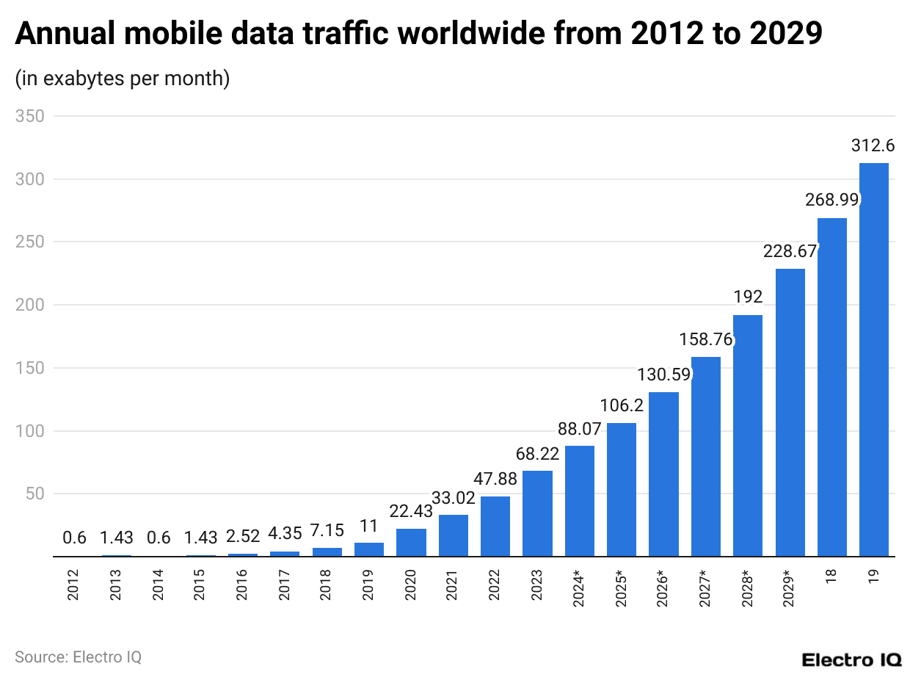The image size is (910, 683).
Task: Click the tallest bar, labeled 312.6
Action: [873, 360]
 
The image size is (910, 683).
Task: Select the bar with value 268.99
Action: [831, 387]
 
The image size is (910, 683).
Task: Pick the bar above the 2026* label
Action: [663, 474]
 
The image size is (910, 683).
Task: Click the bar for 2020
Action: [411, 543]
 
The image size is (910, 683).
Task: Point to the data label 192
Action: [748, 297]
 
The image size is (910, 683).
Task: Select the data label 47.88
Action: [495, 479]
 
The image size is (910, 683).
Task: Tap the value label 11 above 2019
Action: [368, 526]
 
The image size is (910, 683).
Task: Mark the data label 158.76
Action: [705, 340]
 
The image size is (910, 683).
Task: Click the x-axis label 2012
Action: [73, 585]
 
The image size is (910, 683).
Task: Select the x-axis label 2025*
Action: [622, 588]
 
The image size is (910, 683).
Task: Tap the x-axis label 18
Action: [831, 576]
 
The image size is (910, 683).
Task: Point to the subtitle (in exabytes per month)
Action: [123, 78]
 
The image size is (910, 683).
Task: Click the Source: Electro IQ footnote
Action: [78, 657]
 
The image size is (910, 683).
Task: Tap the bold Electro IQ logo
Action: [851, 659]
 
